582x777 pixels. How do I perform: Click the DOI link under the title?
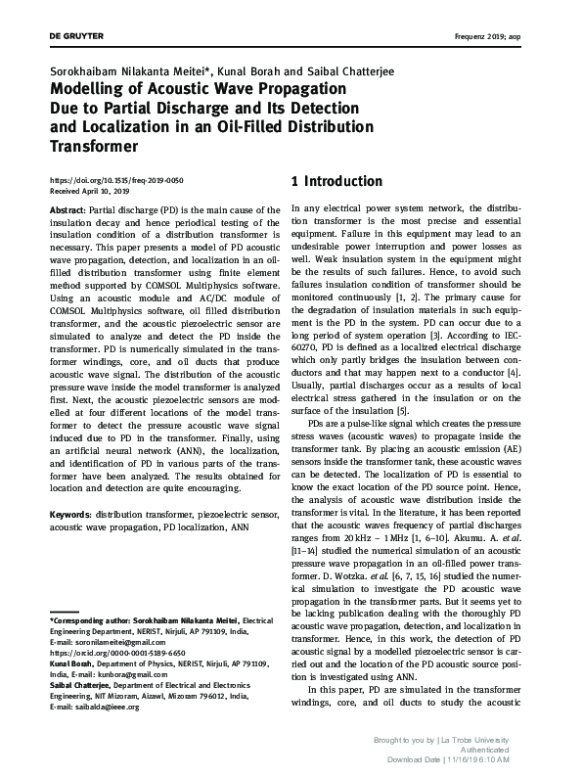[x=116, y=182]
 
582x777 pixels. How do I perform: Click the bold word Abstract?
[x=67, y=210]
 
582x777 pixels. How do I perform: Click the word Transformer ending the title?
[x=93, y=147]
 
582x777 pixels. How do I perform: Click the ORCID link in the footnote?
[x=118, y=623]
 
